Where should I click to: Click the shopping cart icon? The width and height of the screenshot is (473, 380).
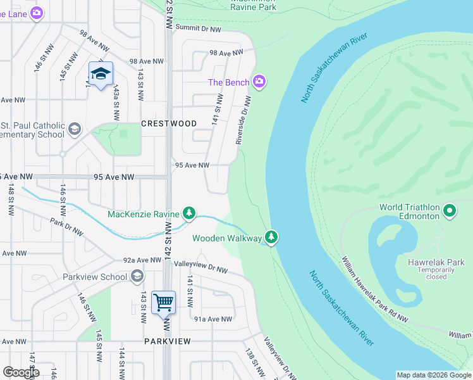163,301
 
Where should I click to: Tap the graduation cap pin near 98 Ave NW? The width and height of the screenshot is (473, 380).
101,75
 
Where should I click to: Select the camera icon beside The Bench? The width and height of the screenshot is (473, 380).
259,82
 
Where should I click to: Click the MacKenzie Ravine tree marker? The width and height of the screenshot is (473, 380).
188,213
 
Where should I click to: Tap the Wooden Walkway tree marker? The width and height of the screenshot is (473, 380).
271,237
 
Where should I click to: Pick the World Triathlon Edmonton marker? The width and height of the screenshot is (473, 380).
450,210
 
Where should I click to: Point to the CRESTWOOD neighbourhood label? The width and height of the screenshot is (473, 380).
169,123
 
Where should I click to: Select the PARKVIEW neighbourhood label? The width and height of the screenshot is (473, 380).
167,341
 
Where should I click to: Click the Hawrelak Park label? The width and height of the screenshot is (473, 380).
436,262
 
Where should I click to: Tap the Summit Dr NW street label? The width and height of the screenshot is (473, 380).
198,29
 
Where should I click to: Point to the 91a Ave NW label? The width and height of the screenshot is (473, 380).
213,319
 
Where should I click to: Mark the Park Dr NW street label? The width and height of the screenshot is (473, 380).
66,227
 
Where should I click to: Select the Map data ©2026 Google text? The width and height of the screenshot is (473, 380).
433,375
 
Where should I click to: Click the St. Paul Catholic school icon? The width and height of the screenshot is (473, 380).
75,129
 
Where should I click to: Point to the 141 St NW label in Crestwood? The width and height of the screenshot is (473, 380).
216,109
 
